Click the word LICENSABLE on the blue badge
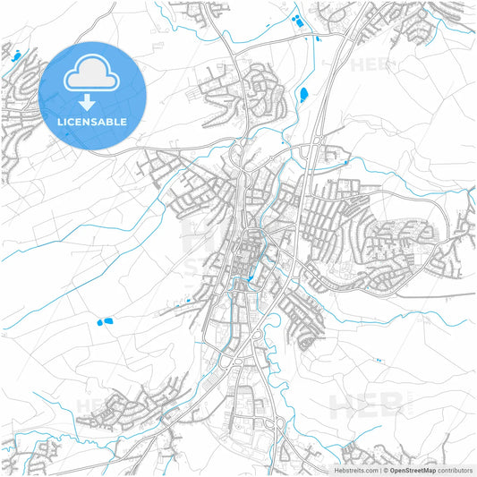pyautogui.click(x=93, y=122)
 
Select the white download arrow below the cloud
pyautogui.click(x=93, y=99)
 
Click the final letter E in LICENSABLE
pyautogui.click(x=124, y=122)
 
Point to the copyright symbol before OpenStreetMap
pyautogui.click(x=383, y=470)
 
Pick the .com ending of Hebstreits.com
pyautogui.click(x=368, y=470)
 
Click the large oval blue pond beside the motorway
pyautogui.click(x=303, y=93)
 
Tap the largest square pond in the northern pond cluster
pyautogui.click(x=301, y=24)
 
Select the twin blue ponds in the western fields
pyautogui.click(x=104, y=319)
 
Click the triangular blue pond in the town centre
pyautogui.click(x=248, y=280)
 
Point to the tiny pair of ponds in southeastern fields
pyautogui.click(x=379, y=360)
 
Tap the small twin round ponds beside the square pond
pyautogui.click(x=294, y=17)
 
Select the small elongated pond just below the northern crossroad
pyautogui.click(x=315, y=37)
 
